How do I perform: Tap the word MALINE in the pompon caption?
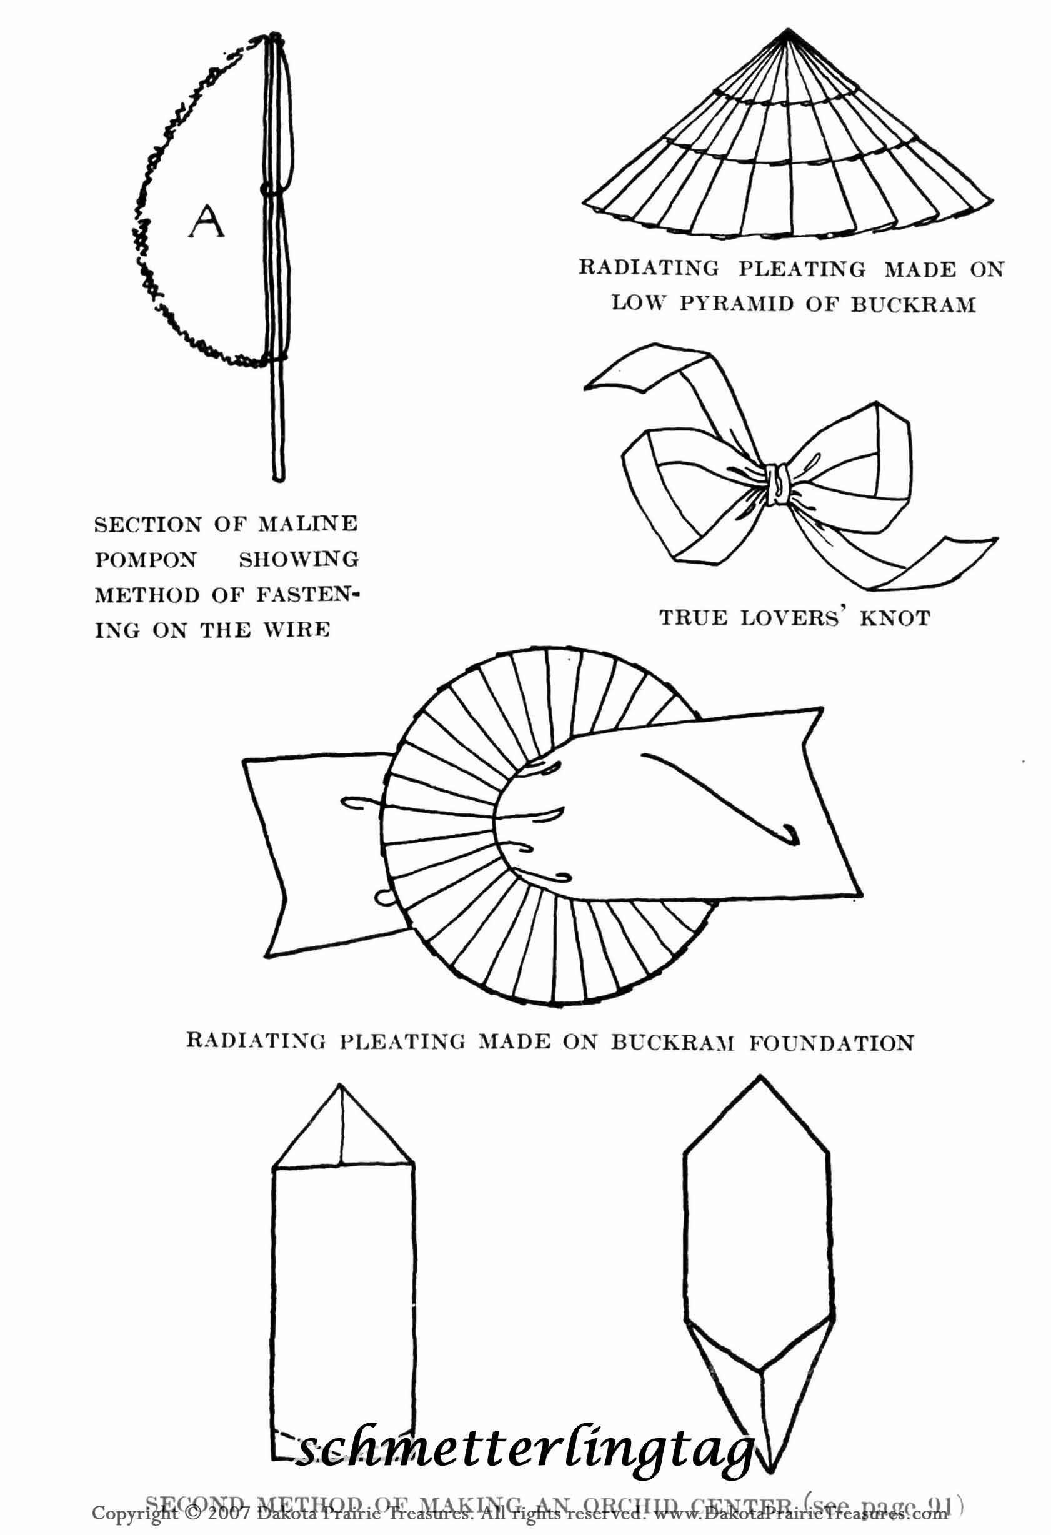click(x=307, y=524)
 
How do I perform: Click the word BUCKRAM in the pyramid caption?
click(x=912, y=304)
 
